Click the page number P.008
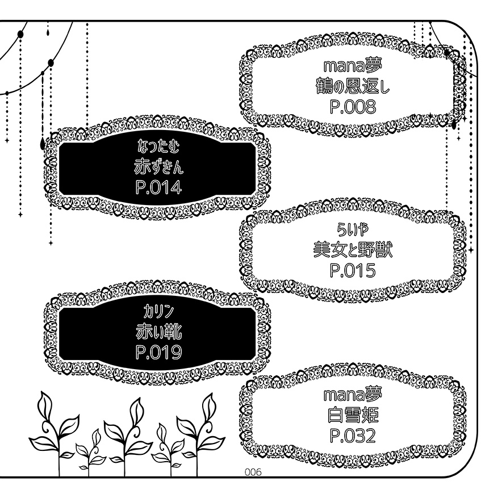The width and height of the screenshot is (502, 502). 352,106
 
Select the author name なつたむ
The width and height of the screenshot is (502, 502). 158,149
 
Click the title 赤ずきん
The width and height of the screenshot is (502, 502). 158,168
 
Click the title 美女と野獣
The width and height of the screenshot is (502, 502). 352,250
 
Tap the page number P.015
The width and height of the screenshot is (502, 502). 352,270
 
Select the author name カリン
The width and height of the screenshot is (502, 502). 158,312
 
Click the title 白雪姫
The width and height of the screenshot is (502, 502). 352,415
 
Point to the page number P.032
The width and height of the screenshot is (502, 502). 352,436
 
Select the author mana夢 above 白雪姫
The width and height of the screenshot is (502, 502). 352,395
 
